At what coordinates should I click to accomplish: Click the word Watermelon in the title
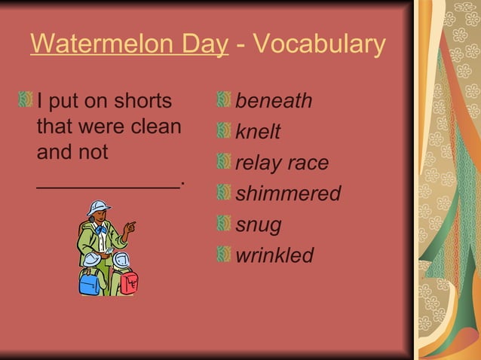tap(97, 44)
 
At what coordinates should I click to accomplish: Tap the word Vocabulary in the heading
tap(320, 44)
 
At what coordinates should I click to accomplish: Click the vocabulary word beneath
tap(274, 101)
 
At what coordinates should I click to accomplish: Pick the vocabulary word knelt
tap(258, 132)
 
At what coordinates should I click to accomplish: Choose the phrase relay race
tap(282, 163)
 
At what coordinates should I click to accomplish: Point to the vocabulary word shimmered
tap(288, 194)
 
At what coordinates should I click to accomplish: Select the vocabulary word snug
tap(259, 224)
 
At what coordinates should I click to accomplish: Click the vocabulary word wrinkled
tap(274, 255)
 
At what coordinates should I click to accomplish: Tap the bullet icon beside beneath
tap(223, 100)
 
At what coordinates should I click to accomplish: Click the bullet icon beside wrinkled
tap(223, 255)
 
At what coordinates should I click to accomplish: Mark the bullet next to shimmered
tap(223, 193)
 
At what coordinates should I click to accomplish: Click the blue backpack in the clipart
tap(90, 282)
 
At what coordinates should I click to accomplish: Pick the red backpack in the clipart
tap(129, 283)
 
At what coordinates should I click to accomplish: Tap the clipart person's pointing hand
tap(130, 225)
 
